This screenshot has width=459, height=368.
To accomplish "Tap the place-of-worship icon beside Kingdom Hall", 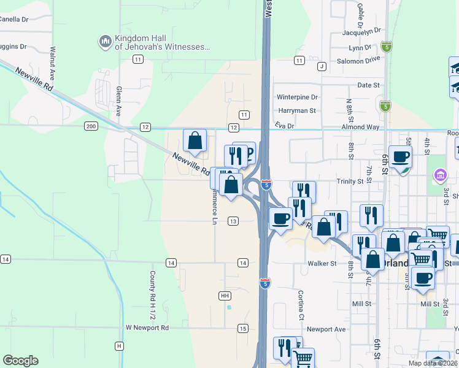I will coord(104,42).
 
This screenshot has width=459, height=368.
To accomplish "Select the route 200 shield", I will coord(91,126).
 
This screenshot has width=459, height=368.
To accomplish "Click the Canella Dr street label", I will coord(13,19).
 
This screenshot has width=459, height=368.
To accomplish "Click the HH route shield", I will coord(225,296).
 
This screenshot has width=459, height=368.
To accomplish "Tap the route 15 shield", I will coord(243,329).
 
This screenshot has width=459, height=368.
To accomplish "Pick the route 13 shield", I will coord(233,221).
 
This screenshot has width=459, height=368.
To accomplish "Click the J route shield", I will coord(321,66).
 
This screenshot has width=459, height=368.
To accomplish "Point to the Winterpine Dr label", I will coord(297,97).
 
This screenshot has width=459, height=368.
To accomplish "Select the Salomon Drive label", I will coord(358,61).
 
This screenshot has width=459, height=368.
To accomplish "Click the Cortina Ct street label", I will coord(301,305).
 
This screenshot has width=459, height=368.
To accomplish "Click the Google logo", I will coord(20,361).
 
